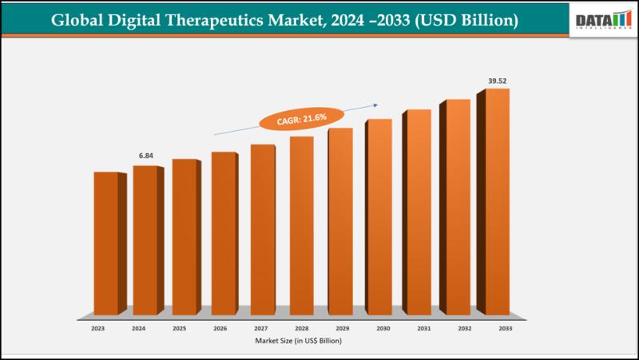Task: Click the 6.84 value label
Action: click(145, 155)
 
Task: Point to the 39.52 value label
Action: click(497, 81)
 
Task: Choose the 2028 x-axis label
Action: click(301, 329)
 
